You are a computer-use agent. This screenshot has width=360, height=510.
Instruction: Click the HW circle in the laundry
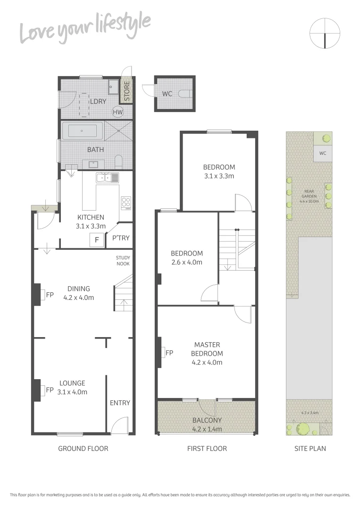click(x=117, y=112)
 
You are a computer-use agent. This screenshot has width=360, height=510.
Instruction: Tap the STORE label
click(x=126, y=92)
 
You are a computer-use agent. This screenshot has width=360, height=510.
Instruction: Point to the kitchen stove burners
click(x=126, y=203)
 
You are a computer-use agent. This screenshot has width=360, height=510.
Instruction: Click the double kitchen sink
click(x=108, y=178)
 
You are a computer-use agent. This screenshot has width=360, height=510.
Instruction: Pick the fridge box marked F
click(x=97, y=240)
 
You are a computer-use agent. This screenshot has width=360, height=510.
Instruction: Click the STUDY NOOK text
click(x=123, y=261)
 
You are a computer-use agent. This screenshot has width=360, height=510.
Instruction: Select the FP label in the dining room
click(x=50, y=295)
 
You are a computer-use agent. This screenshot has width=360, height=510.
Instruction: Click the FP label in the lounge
click(x=50, y=390)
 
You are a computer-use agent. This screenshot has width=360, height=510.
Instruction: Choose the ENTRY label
click(x=120, y=403)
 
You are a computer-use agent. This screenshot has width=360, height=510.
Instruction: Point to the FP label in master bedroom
click(x=169, y=352)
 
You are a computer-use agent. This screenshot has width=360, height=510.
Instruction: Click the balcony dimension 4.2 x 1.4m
click(x=207, y=429)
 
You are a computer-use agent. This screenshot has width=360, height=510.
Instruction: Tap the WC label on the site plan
click(x=323, y=153)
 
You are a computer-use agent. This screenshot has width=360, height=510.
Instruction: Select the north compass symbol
click(x=325, y=33)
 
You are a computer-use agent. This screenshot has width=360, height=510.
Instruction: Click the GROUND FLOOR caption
click(x=83, y=449)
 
